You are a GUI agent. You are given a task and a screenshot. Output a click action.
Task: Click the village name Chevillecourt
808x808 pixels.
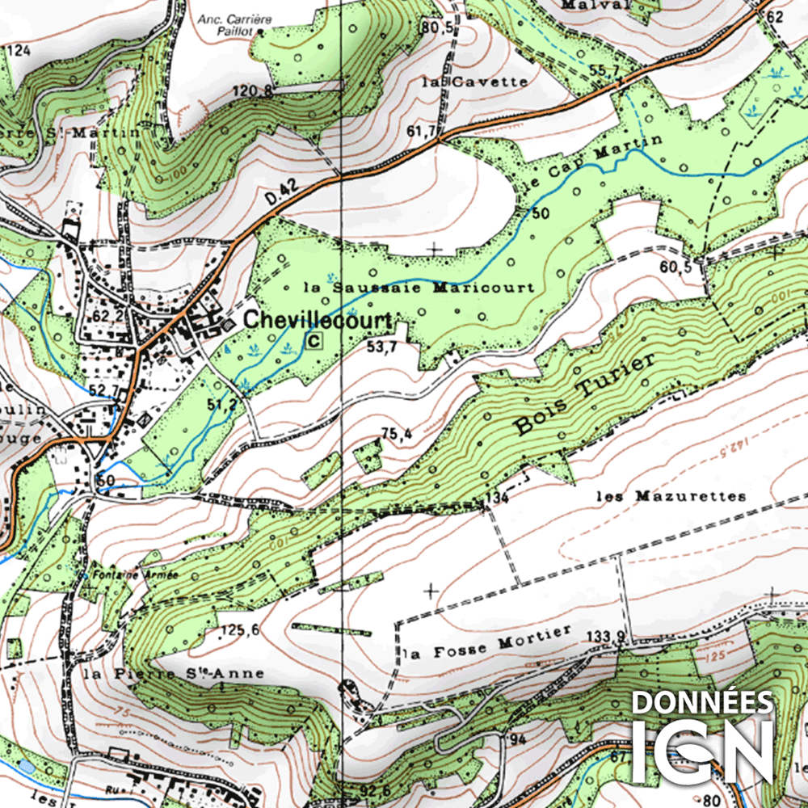pos(318,320)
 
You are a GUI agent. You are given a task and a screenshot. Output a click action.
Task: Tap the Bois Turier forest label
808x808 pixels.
pos(583,395)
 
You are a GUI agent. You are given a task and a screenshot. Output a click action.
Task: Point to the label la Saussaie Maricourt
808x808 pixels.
pos(419,287)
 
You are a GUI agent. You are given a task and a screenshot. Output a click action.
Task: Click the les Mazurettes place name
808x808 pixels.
pos(671,496)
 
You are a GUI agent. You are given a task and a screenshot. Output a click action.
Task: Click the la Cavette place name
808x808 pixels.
pos(475,82)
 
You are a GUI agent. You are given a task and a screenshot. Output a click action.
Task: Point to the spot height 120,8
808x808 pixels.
pos(253,90)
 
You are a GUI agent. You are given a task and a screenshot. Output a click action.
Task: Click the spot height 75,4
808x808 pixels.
pos(396,435)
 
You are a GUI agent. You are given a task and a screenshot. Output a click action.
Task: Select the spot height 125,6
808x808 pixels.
pos(239,630)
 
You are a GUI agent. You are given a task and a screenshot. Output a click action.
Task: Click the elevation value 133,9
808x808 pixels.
pos(607,637)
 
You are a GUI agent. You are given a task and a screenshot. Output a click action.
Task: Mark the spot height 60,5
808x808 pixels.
pos(676,266)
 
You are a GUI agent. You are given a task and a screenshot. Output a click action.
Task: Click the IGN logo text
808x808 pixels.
pos(701,750)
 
